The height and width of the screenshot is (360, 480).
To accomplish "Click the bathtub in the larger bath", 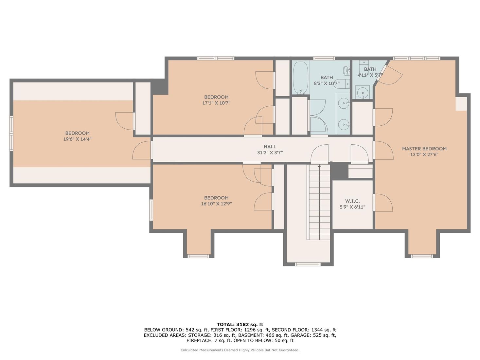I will pos(300,78).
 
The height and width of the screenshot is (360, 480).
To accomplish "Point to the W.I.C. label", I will pos(352,201).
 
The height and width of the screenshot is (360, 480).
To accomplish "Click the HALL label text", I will pos(270,147).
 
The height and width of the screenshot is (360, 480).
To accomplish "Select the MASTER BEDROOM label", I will pos(424,149).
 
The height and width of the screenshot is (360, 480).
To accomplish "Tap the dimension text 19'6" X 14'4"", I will pos(77,139).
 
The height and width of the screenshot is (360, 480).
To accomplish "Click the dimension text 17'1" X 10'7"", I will pos(216,103).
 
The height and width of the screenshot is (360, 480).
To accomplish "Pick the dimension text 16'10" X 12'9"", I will pos(216,204).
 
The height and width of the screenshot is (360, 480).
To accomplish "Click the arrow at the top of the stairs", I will pos(319,166).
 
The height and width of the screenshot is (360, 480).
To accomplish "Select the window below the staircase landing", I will pos(308,264).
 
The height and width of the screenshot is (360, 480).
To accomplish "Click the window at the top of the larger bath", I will pos(324,59).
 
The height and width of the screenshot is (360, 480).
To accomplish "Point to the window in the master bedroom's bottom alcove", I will pos(422,256).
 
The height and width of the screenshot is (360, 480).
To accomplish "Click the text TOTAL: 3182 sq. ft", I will pos(240,324).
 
